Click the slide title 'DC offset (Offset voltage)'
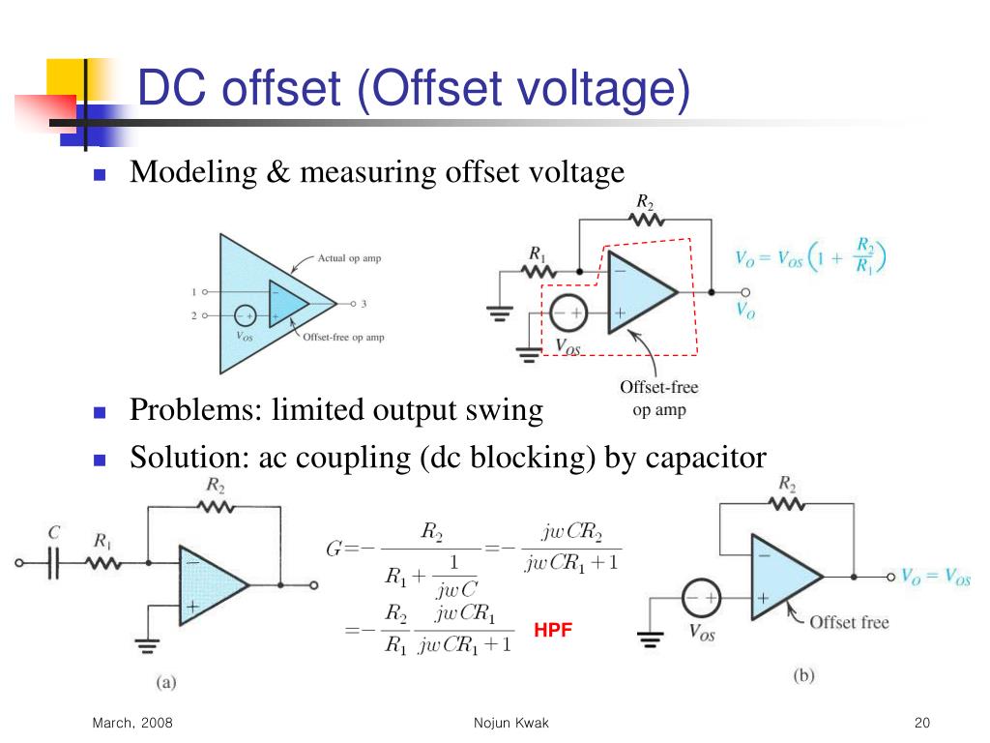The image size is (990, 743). [x=413, y=90]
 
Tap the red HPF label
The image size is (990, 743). [x=553, y=630]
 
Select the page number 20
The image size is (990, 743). [x=920, y=724]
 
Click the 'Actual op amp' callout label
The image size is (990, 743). [x=349, y=258]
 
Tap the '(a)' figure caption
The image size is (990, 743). [x=166, y=681]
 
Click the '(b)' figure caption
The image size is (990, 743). [x=803, y=675]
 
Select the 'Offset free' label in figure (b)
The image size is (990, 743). [x=848, y=622]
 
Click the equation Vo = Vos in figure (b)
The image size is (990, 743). [x=935, y=577]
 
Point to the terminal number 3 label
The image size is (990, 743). [x=364, y=304]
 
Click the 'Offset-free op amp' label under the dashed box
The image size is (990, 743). [x=658, y=399]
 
